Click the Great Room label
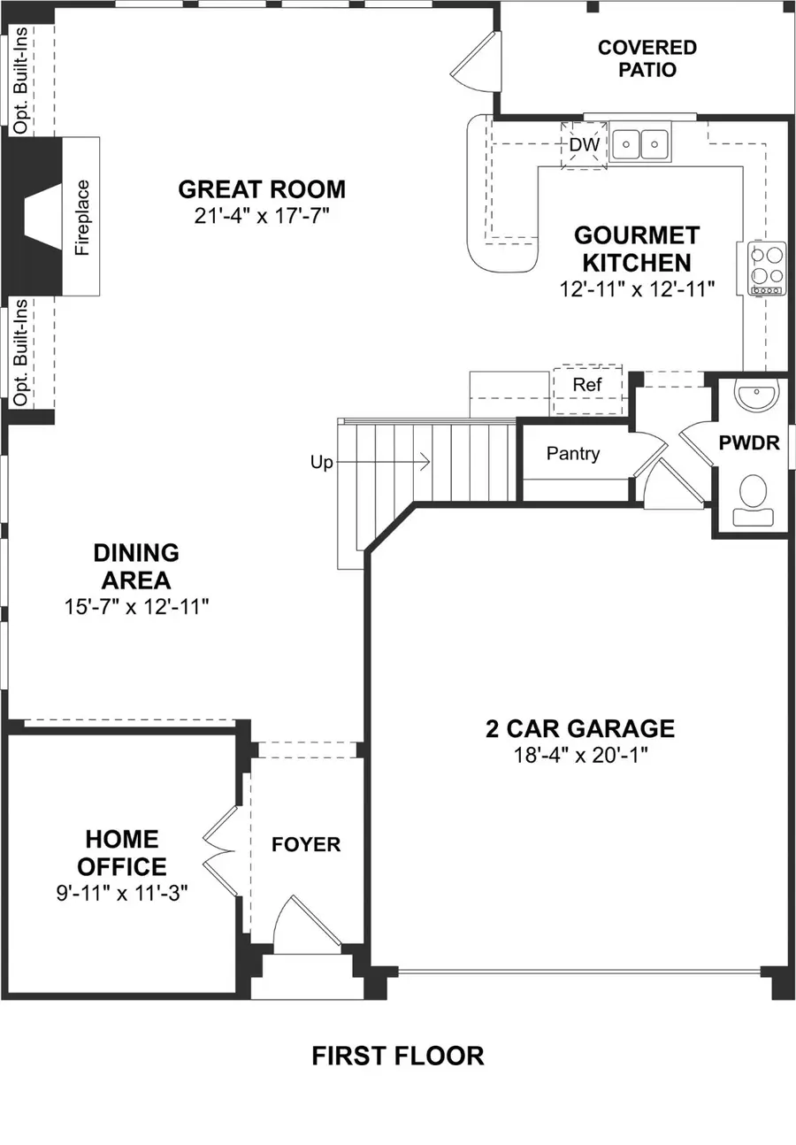click(262, 189)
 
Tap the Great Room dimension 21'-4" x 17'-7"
click(261, 216)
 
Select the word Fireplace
click(81, 218)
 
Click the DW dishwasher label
click(584, 144)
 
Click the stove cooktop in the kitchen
click(766, 269)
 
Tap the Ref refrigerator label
click(587, 384)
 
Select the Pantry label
click(573, 453)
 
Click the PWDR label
click(749, 443)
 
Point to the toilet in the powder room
click(753, 500)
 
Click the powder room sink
click(757, 395)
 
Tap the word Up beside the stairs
click(321, 463)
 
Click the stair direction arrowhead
click(425, 462)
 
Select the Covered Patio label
click(647, 58)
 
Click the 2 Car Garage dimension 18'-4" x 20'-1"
click(580, 755)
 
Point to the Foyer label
click(306, 844)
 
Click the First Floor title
click(398, 1056)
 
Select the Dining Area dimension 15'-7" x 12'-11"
click(136, 607)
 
